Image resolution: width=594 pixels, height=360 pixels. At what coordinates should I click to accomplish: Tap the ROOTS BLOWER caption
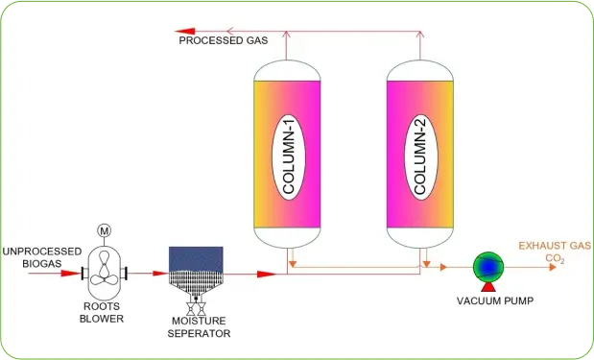tap(101, 313)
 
